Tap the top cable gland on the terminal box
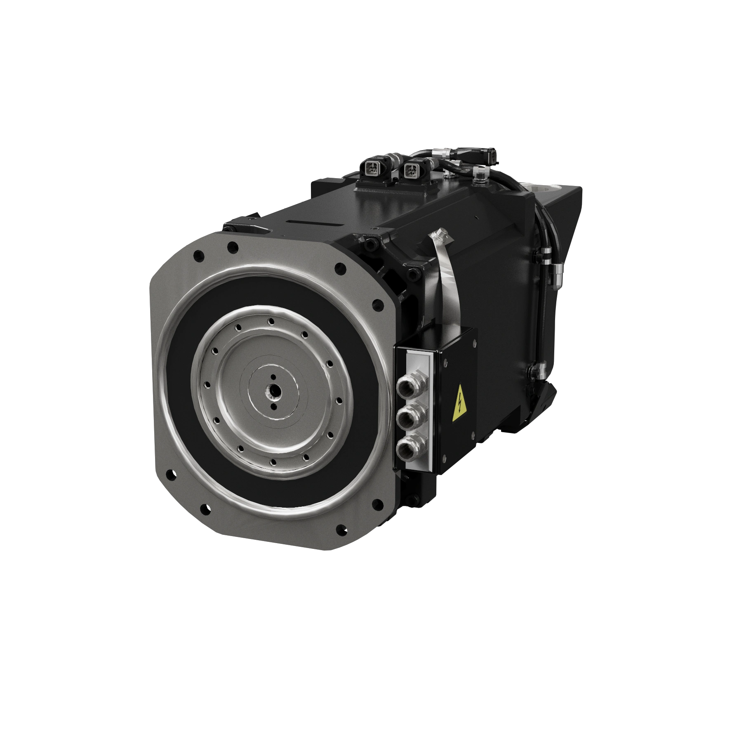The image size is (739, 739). click(405, 388)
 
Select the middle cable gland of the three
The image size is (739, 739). click(405, 417)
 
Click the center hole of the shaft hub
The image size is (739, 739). click(272, 390)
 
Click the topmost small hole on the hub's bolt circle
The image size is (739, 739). click(271, 321)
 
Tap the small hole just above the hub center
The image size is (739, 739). click(273, 376)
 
